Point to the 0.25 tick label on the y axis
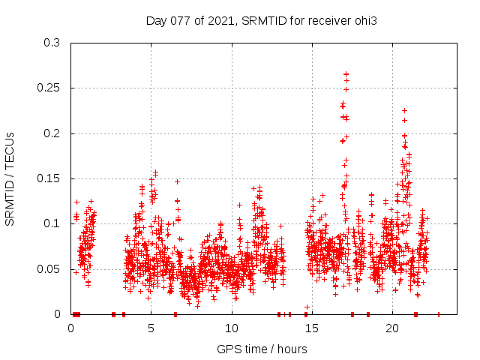(x=50, y=88)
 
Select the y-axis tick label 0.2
(x=53, y=133)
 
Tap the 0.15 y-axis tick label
(x=50, y=178)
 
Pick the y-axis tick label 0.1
(x=53, y=224)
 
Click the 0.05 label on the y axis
(x=50, y=269)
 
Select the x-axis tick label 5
(x=151, y=328)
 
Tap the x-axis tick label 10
(x=232, y=328)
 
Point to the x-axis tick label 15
(x=312, y=328)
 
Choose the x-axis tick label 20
(x=392, y=328)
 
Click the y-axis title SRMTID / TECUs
(x=10, y=179)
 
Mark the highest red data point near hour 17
(x=346, y=74)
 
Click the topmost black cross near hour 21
(x=404, y=111)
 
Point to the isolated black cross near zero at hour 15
(x=307, y=307)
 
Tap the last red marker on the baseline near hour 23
(x=439, y=314)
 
